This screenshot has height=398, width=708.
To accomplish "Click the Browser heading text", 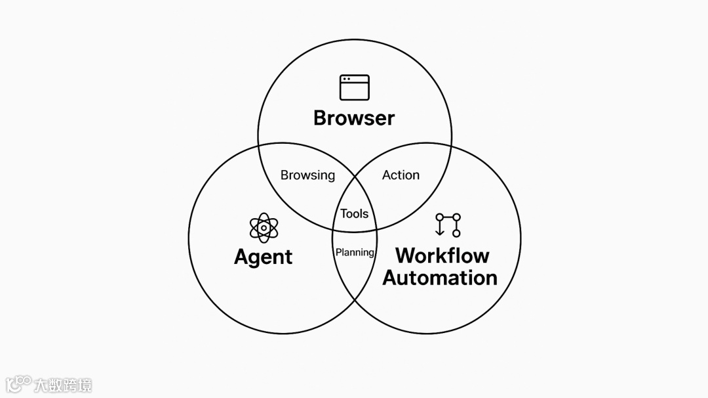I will (x=354, y=118).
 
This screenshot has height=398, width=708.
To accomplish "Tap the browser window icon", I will (x=354, y=87).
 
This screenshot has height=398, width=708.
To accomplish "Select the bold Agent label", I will (x=264, y=257).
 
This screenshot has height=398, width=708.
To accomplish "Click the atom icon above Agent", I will (x=264, y=228).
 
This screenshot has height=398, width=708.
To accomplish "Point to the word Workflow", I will (x=442, y=255).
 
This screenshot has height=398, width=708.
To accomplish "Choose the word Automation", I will (x=440, y=278).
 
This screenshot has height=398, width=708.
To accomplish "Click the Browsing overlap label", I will (x=307, y=175).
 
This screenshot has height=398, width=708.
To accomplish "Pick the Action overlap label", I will (x=401, y=175).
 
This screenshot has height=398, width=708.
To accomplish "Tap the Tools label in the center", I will (x=354, y=213).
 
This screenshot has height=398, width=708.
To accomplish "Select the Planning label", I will (x=355, y=252).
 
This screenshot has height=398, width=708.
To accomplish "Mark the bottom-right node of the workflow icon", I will (x=456, y=233).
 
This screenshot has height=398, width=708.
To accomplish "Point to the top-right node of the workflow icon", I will (x=456, y=217).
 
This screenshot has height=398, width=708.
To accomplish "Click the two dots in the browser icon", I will (x=345, y=79).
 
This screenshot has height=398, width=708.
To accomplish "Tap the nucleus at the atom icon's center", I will (x=264, y=228).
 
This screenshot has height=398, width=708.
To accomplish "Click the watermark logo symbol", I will (x=18, y=384).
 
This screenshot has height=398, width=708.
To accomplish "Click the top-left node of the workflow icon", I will (x=440, y=217).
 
